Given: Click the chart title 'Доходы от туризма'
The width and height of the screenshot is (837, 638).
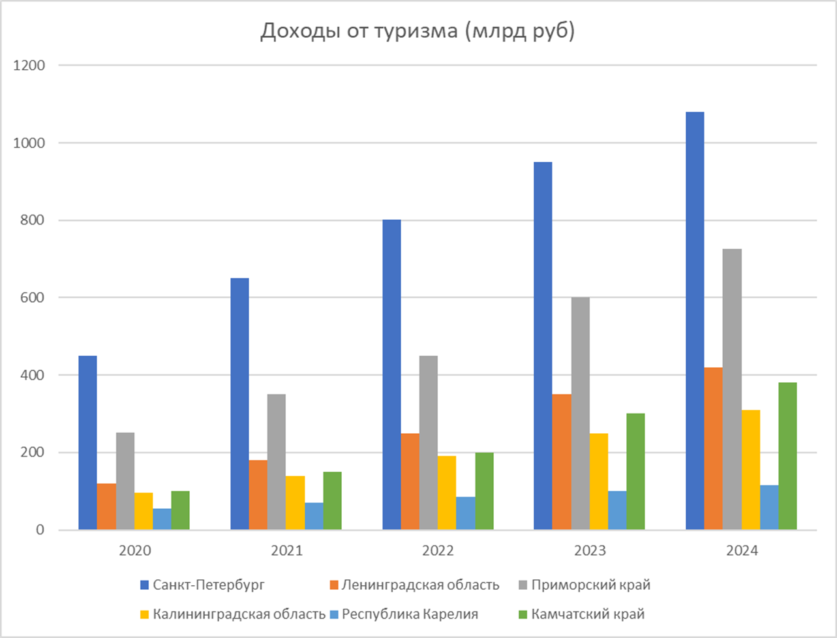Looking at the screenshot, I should pyautogui.click(x=418, y=32).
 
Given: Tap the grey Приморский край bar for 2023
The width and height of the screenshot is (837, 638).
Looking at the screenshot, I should pyautogui.click(x=580, y=414).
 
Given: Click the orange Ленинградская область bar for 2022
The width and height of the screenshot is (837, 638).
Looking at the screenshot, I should pyautogui.click(x=410, y=481).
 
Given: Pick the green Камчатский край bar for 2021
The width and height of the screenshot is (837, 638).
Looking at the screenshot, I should pyautogui.click(x=332, y=500).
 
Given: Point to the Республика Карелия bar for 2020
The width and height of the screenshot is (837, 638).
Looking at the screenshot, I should pyautogui.click(x=162, y=519).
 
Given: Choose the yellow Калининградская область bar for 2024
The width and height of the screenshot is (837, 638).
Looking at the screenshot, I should pyautogui.click(x=750, y=470).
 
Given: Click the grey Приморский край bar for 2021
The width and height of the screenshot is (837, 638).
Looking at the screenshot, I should pyautogui.click(x=276, y=462).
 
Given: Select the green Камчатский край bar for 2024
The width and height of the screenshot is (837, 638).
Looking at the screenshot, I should pyautogui.click(x=787, y=456).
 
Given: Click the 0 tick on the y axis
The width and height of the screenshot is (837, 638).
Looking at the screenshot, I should pyautogui.click(x=40, y=530).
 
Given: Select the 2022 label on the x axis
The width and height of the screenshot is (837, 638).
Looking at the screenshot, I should pyautogui.click(x=438, y=551).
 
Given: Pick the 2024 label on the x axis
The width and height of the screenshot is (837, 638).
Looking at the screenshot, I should pyautogui.click(x=742, y=551).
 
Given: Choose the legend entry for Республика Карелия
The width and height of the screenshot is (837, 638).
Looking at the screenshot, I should pyautogui.click(x=410, y=614).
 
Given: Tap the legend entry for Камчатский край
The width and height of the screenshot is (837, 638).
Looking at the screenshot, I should pyautogui.click(x=588, y=614).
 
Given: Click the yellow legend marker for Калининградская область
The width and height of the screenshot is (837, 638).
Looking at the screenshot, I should pyautogui.click(x=145, y=615).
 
